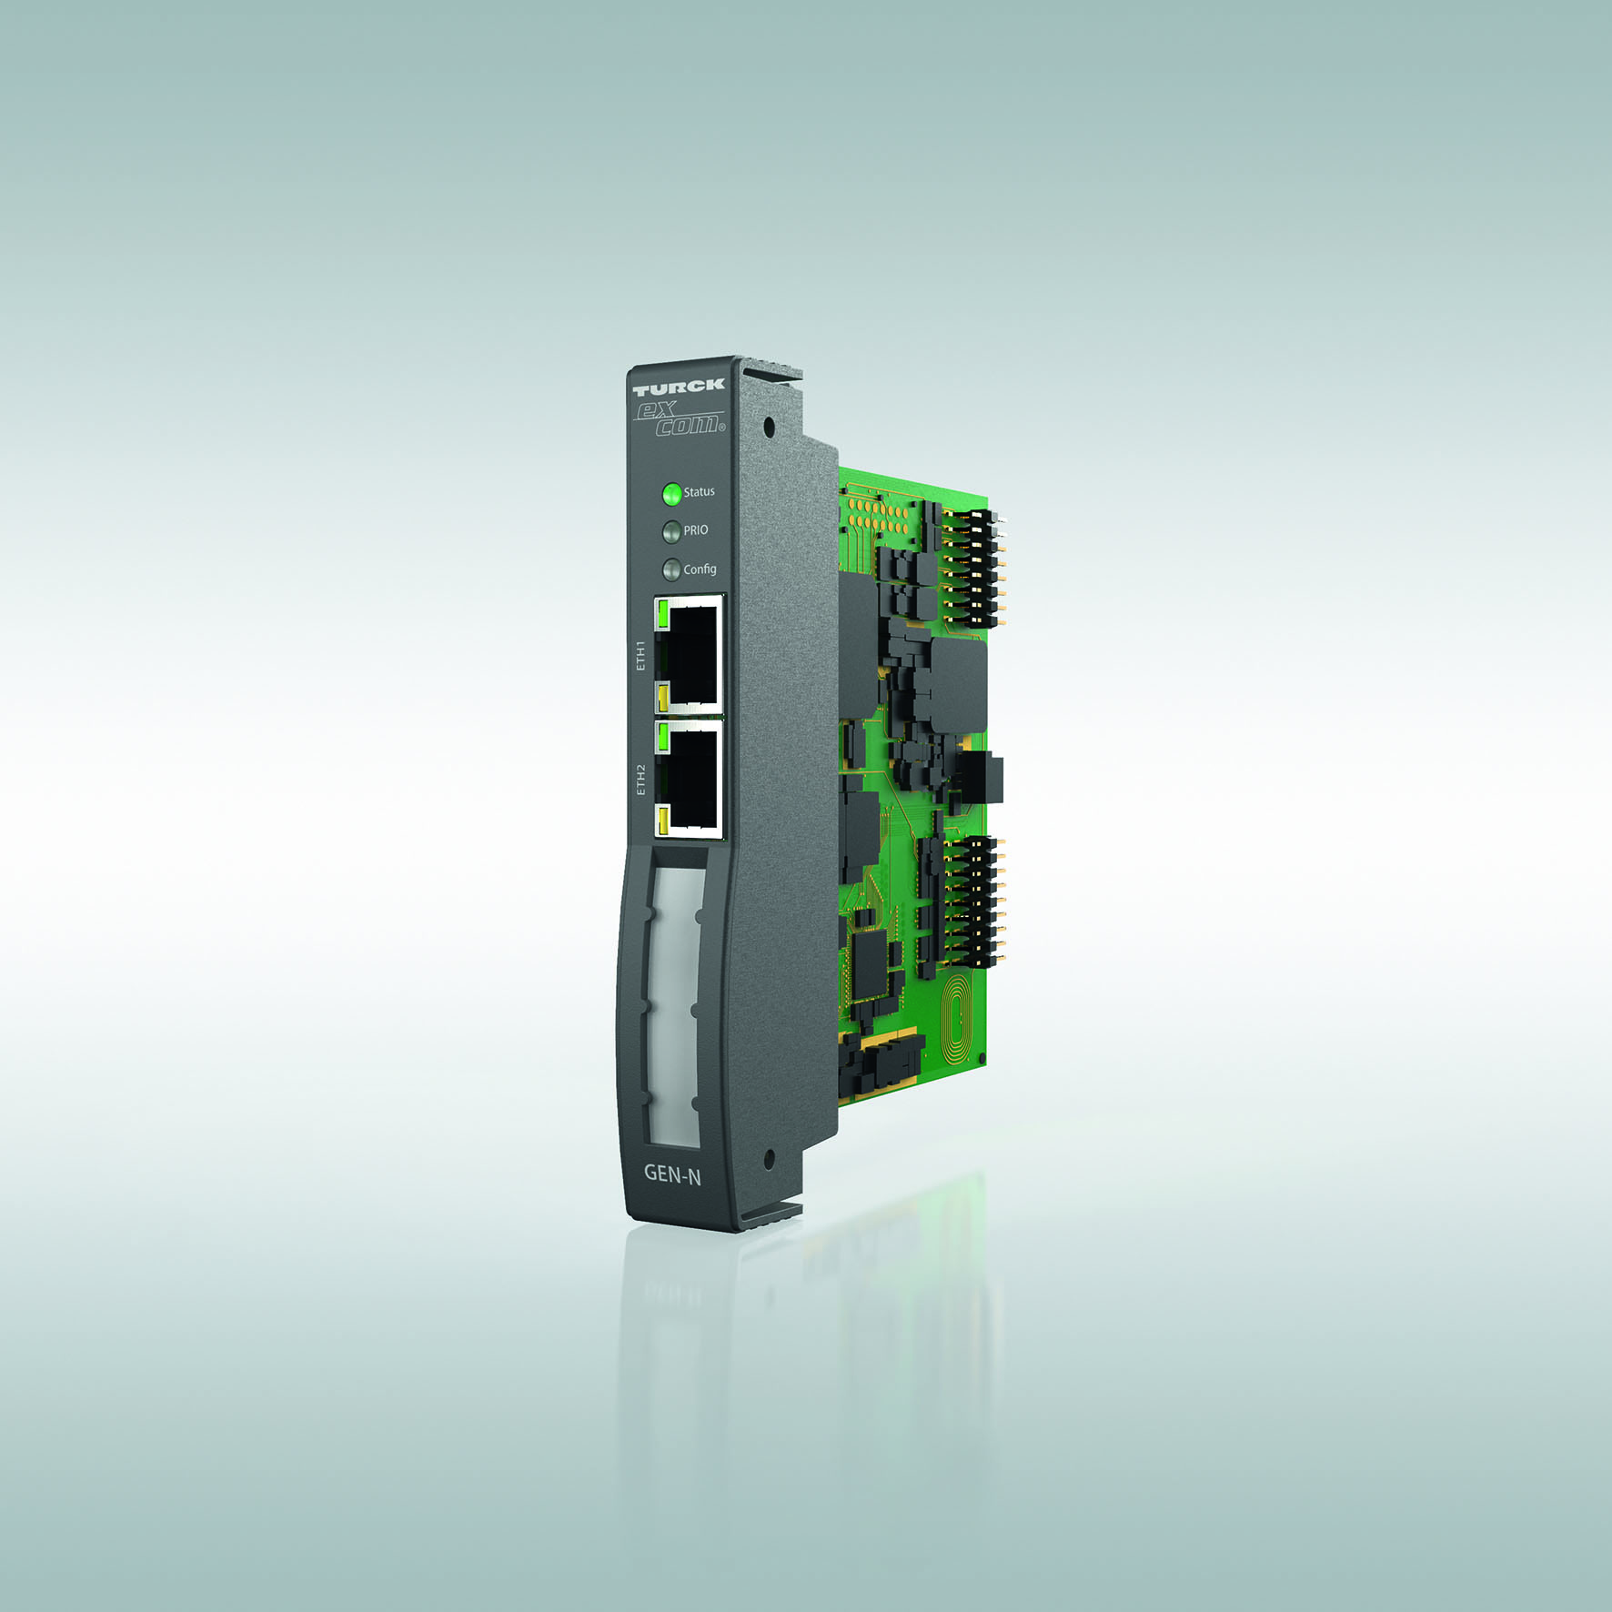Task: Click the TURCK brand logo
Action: tap(679, 386)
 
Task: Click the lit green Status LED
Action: tap(672, 494)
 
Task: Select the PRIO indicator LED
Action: tap(672, 531)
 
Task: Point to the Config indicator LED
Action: tap(672, 569)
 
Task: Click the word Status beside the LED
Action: tap(699, 492)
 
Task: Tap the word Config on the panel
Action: tap(700, 569)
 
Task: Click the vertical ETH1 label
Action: tap(640, 655)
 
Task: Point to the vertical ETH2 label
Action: tap(640, 780)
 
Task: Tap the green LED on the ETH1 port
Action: tap(663, 615)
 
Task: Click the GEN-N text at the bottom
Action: tap(672, 1174)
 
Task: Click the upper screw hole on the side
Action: tap(769, 426)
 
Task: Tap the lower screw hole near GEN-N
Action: tap(769, 1158)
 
